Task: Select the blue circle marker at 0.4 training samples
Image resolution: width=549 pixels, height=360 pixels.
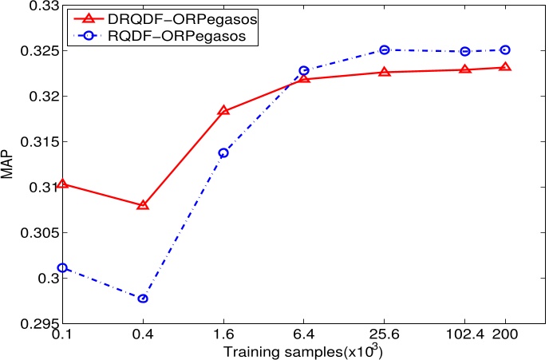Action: (x=143, y=299)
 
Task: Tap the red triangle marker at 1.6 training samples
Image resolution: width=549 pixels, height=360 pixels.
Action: (x=223, y=110)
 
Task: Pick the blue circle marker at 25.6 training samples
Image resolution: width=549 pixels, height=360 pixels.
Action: (x=384, y=49)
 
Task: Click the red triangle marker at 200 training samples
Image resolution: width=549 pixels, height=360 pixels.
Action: (x=505, y=67)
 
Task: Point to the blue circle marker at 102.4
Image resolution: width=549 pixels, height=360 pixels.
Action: (x=465, y=51)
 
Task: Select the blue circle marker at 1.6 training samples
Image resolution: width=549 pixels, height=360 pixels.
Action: (x=223, y=152)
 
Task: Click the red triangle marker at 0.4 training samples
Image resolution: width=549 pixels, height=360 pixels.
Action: (x=143, y=205)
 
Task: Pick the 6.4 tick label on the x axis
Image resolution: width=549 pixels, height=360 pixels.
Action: (x=303, y=336)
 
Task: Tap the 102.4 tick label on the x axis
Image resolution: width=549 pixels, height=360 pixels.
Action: (x=464, y=336)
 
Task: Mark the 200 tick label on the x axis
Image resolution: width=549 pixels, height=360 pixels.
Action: (x=506, y=336)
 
